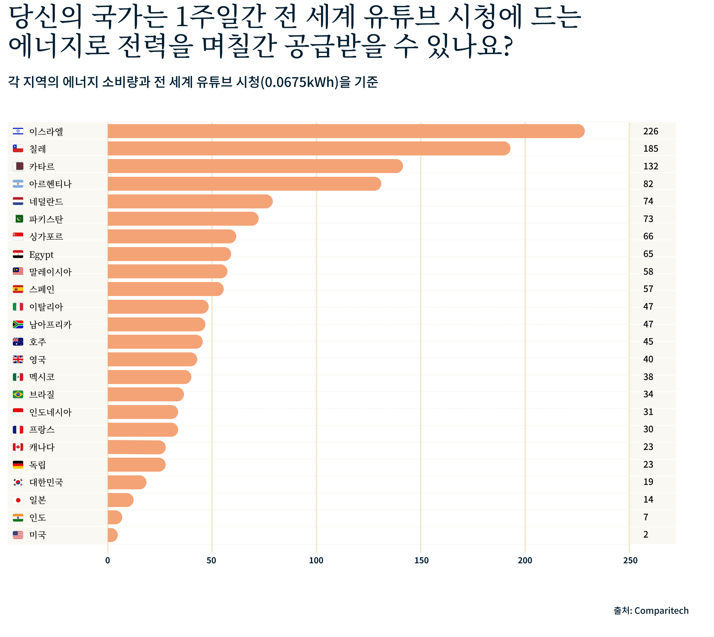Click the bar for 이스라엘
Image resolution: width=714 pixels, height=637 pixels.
(346, 131)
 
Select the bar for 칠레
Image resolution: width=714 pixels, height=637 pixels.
(309, 148)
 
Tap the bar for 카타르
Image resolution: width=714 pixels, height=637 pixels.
(255, 166)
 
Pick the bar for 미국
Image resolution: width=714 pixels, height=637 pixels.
(113, 535)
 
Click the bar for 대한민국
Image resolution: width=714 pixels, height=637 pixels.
(127, 482)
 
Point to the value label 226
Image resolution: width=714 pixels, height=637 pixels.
(650, 131)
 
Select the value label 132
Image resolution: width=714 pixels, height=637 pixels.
(650, 166)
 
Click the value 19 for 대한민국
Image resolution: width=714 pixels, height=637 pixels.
(648, 482)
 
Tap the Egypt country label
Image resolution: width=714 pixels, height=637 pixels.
(41, 254)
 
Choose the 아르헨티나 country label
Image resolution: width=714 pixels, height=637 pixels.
(50, 184)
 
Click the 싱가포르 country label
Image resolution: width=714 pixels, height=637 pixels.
(46, 236)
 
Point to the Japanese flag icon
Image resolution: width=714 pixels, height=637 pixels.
(18, 500)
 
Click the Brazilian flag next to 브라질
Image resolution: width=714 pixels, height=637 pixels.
(18, 394)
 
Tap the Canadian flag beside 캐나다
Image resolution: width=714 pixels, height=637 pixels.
(18, 447)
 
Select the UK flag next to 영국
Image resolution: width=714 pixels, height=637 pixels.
(18, 359)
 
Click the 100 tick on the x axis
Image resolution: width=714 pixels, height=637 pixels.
(316, 560)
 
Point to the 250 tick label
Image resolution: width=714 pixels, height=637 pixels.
(630, 560)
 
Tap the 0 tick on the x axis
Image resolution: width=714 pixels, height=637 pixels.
(107, 560)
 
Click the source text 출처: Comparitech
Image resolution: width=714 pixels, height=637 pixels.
(651, 610)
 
